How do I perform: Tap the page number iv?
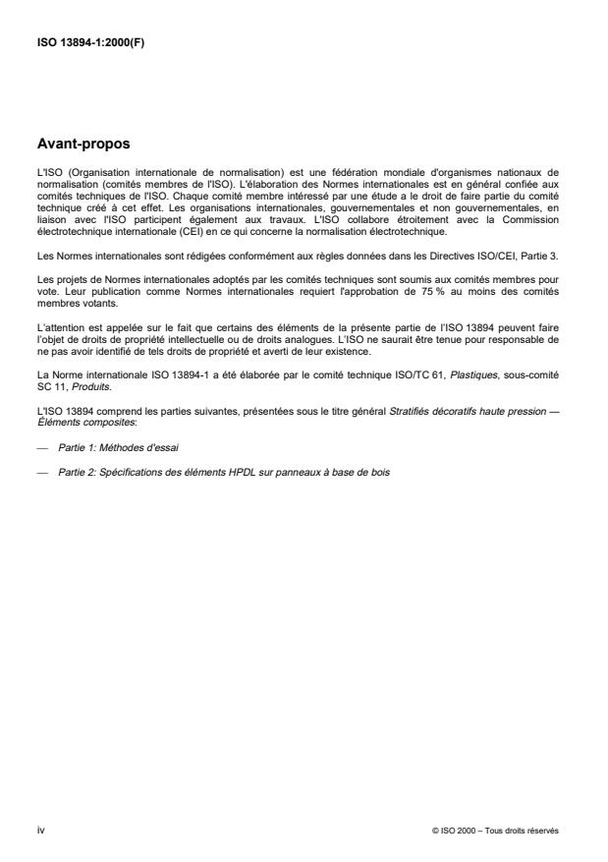click(39, 830)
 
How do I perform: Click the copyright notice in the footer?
click(495, 830)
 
